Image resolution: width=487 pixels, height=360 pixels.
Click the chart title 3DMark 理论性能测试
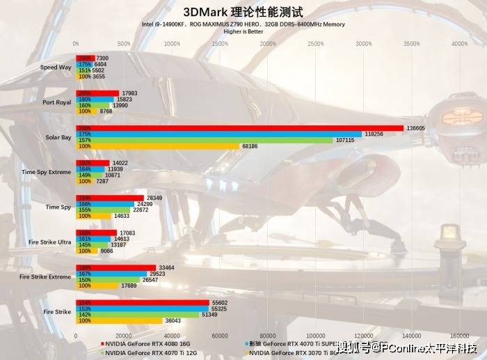pos(243,11)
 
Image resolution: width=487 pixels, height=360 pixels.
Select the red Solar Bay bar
pos(239,128)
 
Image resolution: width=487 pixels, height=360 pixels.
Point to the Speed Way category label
pos(56,68)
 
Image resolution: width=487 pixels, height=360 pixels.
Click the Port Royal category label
pos(57,102)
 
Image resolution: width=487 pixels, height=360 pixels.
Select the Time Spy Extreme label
pos(46,172)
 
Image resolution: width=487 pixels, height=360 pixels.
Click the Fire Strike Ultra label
pos(49,242)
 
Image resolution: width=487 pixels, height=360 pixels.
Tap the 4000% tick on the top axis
pos(459,44)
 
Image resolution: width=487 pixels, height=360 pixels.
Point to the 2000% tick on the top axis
pos(267,44)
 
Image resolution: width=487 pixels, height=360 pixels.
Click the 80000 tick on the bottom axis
pos(267,334)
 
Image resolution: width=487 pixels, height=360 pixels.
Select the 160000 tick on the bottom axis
pos(459,334)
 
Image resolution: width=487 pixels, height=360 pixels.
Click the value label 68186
pos(250,146)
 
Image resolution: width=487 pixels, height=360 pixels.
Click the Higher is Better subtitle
pos(243,31)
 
